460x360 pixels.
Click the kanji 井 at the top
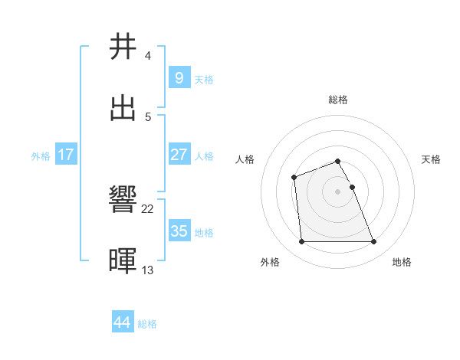point(123,47)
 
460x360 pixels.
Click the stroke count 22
point(148,209)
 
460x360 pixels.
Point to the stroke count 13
point(148,270)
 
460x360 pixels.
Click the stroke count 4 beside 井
point(148,56)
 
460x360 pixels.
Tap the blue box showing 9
point(179,78)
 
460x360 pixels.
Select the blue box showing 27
point(179,155)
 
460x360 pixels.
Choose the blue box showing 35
point(179,231)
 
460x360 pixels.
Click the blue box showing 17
point(66,155)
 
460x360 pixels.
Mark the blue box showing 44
point(123,322)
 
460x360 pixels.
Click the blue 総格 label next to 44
point(147,324)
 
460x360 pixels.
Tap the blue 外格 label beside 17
point(41,156)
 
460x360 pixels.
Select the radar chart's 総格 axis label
point(338,100)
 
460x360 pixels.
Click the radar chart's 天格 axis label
point(431,159)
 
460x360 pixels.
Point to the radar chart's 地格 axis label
point(402,263)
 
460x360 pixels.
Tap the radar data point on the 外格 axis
point(301,242)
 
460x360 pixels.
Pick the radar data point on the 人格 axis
point(294,178)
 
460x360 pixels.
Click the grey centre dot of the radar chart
point(338,191)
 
